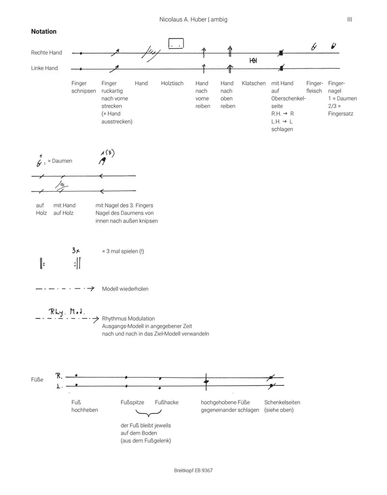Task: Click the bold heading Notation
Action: coord(43,31)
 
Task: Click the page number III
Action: coord(349,19)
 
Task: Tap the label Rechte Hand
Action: coord(46,52)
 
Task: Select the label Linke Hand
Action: coord(44,68)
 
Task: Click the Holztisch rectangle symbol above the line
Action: coord(175,43)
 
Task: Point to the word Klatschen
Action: coord(253,83)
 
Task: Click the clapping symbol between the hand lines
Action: coord(253,61)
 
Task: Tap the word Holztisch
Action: coord(172,83)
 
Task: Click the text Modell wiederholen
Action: coord(125,289)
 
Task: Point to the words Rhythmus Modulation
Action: coord(128,318)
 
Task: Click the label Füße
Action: coord(37,380)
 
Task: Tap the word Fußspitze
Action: coord(132,402)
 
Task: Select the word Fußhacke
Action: coord(166,402)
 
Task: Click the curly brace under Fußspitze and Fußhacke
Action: coord(147,414)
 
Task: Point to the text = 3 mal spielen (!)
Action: coord(123,251)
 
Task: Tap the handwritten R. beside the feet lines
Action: coord(59,376)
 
